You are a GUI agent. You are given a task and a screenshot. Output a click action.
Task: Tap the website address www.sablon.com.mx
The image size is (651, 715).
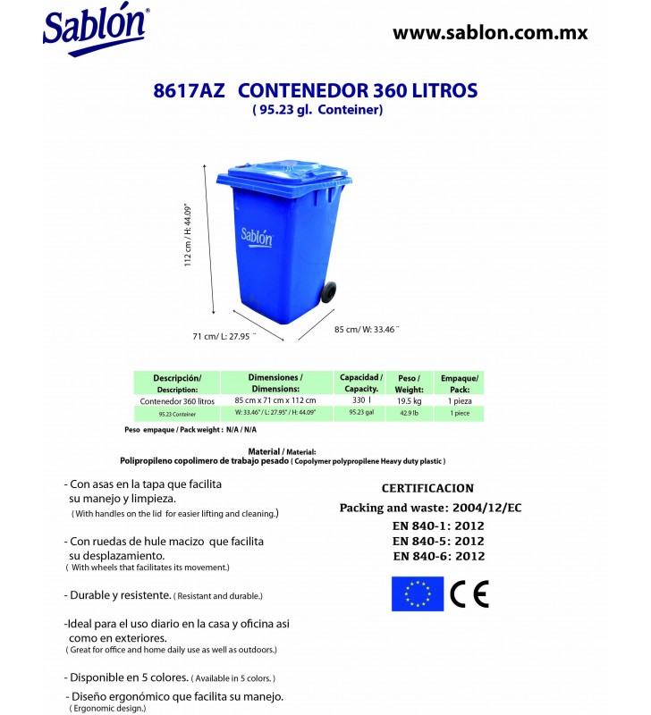[490, 33]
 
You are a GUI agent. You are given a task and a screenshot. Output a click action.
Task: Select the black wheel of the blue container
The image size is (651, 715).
[329, 291]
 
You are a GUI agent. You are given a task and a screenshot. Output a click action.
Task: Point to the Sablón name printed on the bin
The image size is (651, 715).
[257, 238]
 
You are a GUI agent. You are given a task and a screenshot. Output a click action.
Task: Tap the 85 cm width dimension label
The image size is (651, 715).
[367, 329]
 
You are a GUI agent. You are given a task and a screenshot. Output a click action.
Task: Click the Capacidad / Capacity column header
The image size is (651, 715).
[361, 383]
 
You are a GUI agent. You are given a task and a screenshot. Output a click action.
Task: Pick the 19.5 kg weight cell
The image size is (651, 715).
[409, 401]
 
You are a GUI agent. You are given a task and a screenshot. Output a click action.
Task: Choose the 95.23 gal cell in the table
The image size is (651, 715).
[361, 414]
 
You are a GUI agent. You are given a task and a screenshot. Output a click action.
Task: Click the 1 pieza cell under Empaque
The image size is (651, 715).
[460, 401]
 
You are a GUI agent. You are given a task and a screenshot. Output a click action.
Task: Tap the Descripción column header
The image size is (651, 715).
[177, 383]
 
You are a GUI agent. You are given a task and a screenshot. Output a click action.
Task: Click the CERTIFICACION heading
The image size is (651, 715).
[427, 489]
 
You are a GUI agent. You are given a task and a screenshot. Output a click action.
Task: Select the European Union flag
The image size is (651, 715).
[417, 593]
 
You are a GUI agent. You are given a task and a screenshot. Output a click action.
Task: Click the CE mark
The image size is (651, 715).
[469, 593]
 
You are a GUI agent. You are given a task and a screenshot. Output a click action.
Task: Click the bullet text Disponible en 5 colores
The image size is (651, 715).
[130, 677]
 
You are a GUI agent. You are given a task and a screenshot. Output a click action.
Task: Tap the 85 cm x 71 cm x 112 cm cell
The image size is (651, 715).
[275, 401]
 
